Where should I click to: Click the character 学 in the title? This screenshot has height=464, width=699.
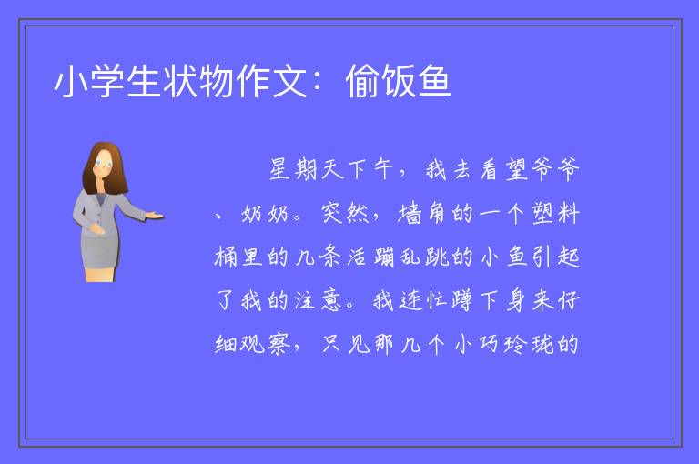(108, 81)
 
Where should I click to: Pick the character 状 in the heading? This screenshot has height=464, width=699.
(180, 81)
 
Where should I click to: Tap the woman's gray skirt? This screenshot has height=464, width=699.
(100, 252)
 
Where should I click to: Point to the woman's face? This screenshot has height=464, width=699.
(104, 163)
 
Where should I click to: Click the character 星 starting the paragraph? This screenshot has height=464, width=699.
(280, 169)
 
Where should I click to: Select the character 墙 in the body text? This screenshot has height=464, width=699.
(410, 213)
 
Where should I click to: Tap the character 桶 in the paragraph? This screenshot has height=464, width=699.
(227, 257)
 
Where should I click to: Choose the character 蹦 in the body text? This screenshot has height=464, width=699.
(384, 257)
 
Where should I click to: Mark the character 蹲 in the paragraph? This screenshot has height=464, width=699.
(461, 300)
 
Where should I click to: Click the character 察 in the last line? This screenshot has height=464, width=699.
(279, 344)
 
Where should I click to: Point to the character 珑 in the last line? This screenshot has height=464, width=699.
(542, 344)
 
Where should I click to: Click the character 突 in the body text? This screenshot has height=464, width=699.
(331, 213)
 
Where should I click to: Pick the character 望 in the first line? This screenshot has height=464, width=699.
(516, 169)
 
